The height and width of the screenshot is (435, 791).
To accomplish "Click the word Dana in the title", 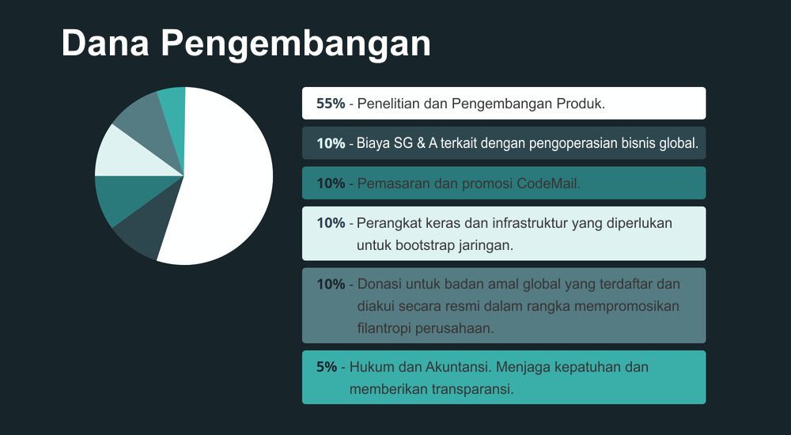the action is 105,43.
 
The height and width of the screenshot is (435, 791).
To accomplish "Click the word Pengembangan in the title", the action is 296,45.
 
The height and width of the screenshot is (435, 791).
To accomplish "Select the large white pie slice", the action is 222,176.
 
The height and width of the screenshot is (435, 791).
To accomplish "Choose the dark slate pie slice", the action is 151,225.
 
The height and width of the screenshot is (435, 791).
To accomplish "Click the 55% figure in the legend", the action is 331,104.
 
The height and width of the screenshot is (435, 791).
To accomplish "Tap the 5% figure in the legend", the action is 327,367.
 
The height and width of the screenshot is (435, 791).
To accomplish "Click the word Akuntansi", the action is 459,367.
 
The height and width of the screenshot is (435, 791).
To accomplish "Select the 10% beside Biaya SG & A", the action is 331,143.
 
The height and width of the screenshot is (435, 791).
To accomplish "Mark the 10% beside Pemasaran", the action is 331,183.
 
